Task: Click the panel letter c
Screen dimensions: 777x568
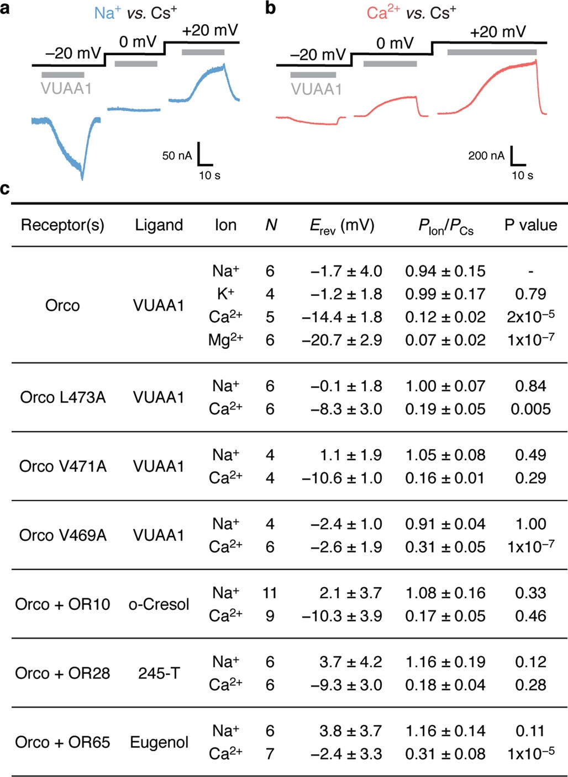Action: point(5,189)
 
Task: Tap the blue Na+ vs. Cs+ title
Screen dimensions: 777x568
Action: point(135,12)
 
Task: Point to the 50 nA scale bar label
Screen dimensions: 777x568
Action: point(177,156)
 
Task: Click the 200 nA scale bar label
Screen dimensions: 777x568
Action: point(486,156)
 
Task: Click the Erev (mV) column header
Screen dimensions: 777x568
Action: point(341,226)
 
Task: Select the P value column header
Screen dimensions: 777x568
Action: point(530,225)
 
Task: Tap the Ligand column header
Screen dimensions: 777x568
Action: point(159,225)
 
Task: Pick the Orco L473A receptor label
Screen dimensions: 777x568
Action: point(62,397)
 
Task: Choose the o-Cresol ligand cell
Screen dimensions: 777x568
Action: point(159,604)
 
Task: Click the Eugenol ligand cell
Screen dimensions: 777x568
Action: point(159,742)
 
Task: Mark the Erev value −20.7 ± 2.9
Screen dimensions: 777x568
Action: point(341,340)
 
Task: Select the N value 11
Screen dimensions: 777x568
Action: point(270,593)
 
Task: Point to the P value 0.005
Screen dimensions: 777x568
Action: point(530,409)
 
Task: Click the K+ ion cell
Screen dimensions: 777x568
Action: point(225,294)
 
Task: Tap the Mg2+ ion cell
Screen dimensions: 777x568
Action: point(225,340)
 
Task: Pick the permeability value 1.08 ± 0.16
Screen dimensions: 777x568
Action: point(445,593)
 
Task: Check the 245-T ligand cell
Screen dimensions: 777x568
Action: point(159,673)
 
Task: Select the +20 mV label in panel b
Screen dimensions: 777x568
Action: point(497,32)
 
